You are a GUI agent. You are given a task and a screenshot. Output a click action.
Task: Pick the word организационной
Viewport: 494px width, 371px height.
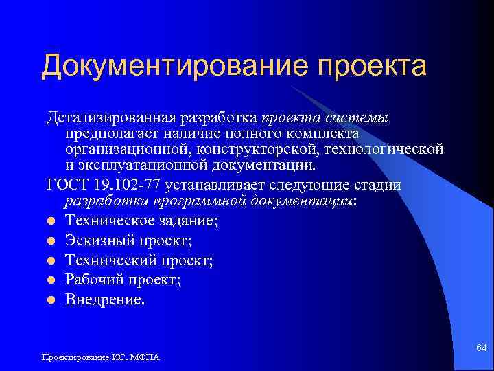(x=128, y=148)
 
